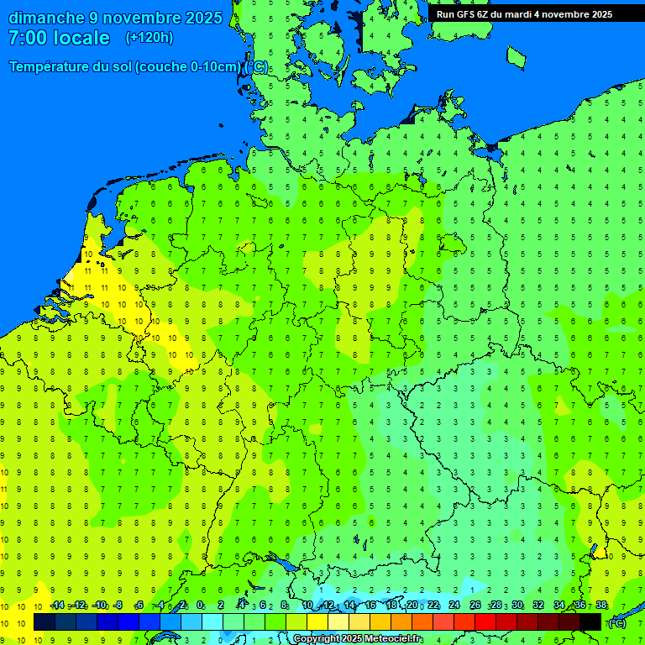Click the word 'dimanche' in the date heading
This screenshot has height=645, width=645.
(x=46, y=18)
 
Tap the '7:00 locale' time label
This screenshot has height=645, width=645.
(x=59, y=38)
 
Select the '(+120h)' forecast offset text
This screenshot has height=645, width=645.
(x=149, y=38)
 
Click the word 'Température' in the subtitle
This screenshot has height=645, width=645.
(x=50, y=67)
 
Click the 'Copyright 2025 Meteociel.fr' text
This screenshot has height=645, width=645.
(x=357, y=639)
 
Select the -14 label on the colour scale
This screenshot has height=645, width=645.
(x=57, y=606)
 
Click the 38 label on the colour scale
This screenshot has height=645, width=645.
(x=600, y=606)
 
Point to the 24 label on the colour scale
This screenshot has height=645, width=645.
(x=454, y=606)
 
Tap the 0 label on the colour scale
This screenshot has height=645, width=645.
(x=200, y=606)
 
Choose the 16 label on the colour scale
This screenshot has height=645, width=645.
(x=370, y=606)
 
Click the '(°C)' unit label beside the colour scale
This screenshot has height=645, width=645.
(x=616, y=622)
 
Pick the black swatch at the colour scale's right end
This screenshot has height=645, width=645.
(x=590, y=621)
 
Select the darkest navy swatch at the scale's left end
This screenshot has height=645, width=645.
(x=45, y=621)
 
